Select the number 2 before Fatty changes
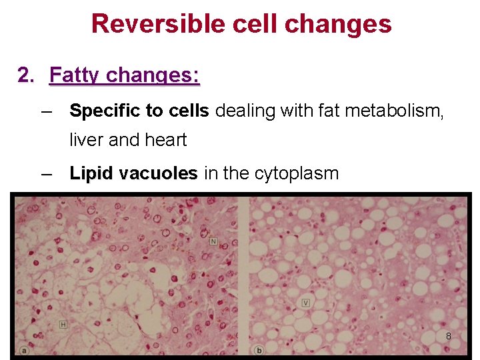coord(25,75)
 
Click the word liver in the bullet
coord(84,140)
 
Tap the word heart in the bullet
coord(167,140)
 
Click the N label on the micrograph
coord(213,240)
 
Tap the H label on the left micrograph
coord(63,324)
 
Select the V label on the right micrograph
coord(305,303)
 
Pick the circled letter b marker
coord(259,350)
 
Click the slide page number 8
coord(449,337)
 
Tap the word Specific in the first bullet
coord(98,111)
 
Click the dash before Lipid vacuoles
coord(46,174)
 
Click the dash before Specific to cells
coord(46,111)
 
